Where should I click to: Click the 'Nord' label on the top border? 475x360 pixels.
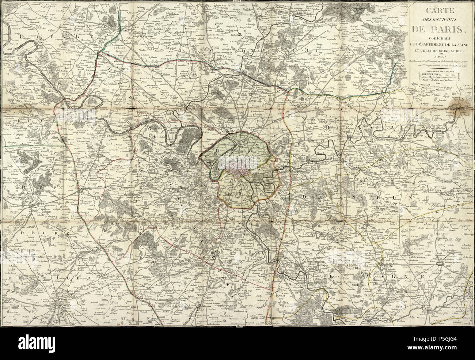(x=237, y=1)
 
